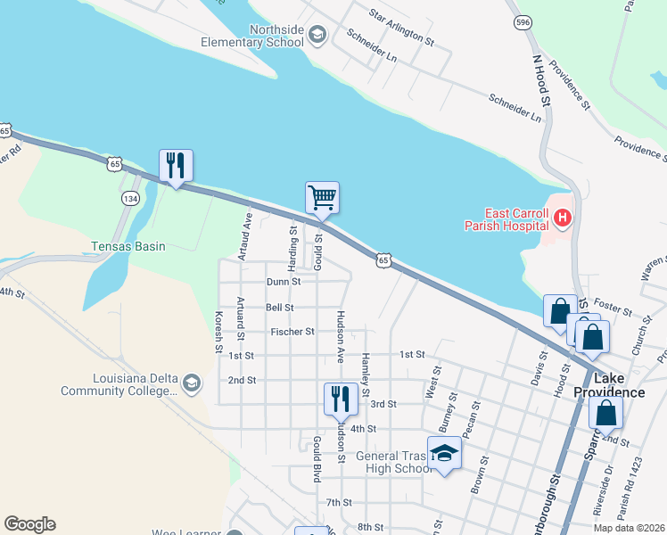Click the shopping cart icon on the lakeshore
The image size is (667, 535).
click(x=322, y=197)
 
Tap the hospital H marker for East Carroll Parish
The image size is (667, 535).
click(x=562, y=217)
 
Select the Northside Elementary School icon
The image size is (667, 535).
click(x=317, y=35)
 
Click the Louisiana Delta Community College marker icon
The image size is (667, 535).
click(x=190, y=383)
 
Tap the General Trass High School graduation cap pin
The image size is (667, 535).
click(x=444, y=453)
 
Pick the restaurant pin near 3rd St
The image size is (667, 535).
click(x=341, y=399)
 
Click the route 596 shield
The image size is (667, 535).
click(x=523, y=21)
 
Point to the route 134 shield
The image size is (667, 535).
click(x=131, y=198)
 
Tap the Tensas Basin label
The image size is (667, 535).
click(x=128, y=246)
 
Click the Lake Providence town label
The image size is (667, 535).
click(x=609, y=385)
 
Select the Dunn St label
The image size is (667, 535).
click(x=284, y=282)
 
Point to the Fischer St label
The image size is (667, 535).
click(x=292, y=332)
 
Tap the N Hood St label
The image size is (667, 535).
click(x=542, y=83)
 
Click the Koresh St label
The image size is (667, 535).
click(x=218, y=331)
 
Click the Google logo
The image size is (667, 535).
click(x=29, y=524)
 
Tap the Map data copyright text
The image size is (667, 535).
click(x=630, y=528)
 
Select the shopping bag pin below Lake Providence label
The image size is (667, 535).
click(x=605, y=414)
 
